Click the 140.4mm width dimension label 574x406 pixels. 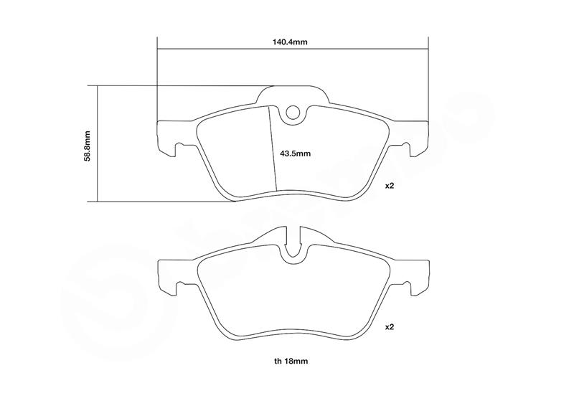(x=290, y=42)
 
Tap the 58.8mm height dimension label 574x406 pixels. (x=87, y=146)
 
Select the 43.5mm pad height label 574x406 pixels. (x=295, y=154)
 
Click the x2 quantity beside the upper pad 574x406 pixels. (x=389, y=186)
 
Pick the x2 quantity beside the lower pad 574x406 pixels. (x=389, y=327)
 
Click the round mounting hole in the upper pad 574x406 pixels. (x=293, y=113)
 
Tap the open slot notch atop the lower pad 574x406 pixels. (x=293, y=242)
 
